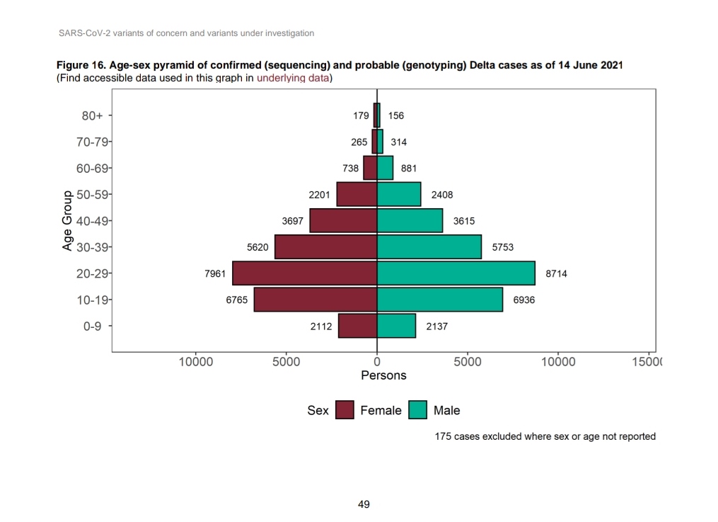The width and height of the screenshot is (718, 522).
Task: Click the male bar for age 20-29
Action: coord(456,273)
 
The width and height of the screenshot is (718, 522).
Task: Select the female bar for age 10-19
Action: coord(315,300)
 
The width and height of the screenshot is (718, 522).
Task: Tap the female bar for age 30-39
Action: coord(325,247)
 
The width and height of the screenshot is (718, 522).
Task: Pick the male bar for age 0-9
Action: coord(396,327)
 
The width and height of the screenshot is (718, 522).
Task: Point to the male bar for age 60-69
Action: coord(385,168)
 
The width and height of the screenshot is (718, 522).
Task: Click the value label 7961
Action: coord(215,273)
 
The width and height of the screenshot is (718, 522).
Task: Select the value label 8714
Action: coord(556,273)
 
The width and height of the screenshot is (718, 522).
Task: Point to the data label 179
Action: coord(361,115)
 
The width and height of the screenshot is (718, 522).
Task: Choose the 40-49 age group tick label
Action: coord(93,221)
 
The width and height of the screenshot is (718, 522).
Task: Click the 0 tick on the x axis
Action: coord(377,362)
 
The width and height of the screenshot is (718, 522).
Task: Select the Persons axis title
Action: coord(383,375)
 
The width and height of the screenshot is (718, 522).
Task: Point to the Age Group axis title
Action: coord(68,220)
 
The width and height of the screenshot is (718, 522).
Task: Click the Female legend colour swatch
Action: coord(344,410)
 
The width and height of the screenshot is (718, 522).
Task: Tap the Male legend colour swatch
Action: coord(417,410)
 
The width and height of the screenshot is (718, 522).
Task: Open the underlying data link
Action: coord(293,78)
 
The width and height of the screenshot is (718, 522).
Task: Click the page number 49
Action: coord(364,504)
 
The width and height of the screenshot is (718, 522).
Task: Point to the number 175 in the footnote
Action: coord(443,436)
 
